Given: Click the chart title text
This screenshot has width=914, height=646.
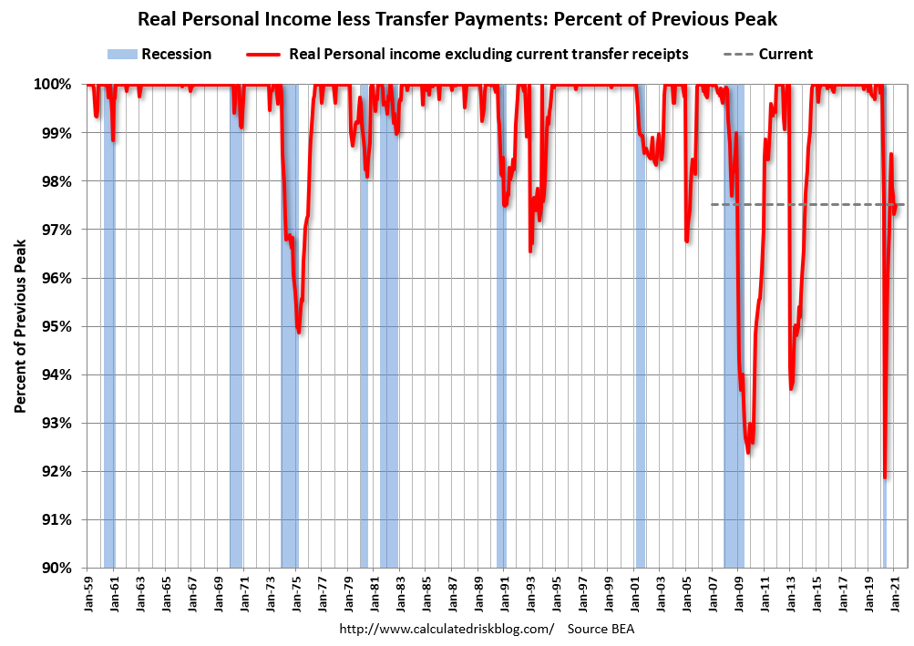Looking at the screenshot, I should click(x=457, y=18).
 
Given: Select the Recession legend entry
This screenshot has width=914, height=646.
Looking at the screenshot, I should click(x=159, y=54).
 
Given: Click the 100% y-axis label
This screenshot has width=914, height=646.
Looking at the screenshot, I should click(x=53, y=85).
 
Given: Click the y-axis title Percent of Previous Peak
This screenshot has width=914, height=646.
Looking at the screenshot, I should click(x=19, y=326).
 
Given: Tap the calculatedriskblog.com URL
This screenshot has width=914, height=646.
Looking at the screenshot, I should click(x=447, y=630).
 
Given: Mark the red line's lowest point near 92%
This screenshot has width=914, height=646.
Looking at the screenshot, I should click(x=885, y=477).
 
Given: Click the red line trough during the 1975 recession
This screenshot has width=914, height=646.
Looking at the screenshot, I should click(x=299, y=332).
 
